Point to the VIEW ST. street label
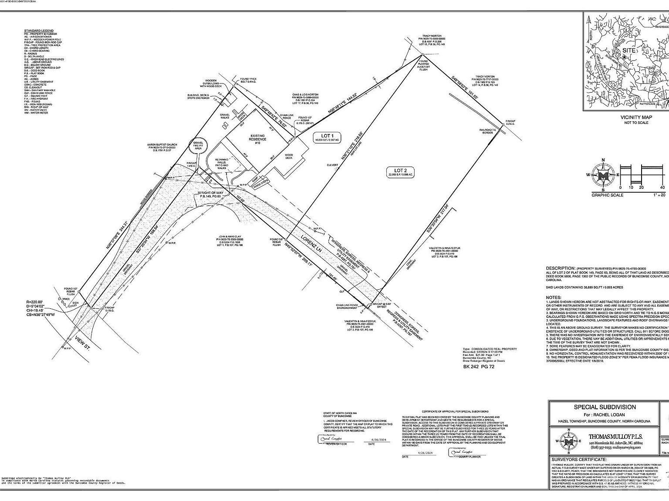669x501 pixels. (82, 331)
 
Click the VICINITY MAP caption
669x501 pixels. (636, 117)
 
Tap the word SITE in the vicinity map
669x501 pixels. (628, 50)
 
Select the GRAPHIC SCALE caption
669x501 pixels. (607, 195)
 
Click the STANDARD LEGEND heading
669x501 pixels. (39, 31)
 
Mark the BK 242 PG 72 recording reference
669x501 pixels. (478, 367)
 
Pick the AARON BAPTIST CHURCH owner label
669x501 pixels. (162, 144)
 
